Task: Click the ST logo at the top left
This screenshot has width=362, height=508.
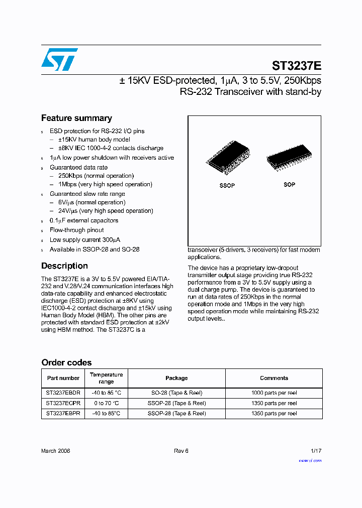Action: (59, 59)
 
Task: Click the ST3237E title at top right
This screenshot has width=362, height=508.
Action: (296, 66)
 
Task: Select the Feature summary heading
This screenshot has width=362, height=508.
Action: (76, 118)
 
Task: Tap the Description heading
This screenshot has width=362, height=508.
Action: (64, 266)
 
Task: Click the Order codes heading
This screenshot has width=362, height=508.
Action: (66, 362)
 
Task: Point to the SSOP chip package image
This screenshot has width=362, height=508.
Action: (227, 160)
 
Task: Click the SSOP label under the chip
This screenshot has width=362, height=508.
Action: (227, 186)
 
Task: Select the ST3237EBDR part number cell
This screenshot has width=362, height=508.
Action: (63, 393)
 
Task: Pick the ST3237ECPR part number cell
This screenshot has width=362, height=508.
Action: (63, 403)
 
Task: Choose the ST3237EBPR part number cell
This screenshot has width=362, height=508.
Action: (63, 414)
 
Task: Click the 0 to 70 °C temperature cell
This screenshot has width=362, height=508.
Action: (106, 403)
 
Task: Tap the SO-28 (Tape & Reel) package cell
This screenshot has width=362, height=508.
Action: (176, 393)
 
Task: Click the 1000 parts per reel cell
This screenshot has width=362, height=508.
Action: (274, 393)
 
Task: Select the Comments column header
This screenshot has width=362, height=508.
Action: (274, 378)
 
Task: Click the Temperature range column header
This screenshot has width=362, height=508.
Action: (106, 378)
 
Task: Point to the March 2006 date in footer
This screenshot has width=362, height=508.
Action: (55, 451)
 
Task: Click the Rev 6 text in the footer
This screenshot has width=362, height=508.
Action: (181, 451)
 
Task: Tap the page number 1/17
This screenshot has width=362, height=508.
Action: (316, 451)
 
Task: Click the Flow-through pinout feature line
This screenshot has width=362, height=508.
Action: (76, 230)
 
